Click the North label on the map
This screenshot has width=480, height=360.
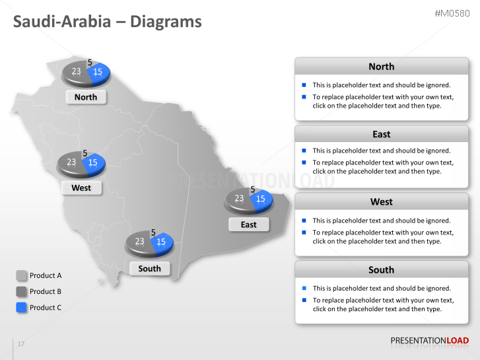(86, 97)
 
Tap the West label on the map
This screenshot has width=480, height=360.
(81, 188)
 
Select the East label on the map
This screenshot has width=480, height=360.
(248, 225)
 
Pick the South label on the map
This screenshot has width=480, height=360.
(150, 268)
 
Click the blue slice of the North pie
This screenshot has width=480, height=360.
(98, 72)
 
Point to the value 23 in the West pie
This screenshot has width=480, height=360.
(71, 162)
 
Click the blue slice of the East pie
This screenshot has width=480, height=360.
(261, 198)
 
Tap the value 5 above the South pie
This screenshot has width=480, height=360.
(153, 233)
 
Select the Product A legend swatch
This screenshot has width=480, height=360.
(21, 275)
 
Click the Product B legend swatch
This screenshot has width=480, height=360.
(21, 291)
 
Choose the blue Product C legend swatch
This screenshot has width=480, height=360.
(21, 307)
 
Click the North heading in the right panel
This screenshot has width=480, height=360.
(381, 67)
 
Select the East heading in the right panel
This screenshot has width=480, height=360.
(381, 134)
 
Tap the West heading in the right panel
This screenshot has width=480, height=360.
(381, 202)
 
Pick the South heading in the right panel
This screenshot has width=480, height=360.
(381, 270)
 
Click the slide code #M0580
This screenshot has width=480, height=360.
(452, 13)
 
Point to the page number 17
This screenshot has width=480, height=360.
(21, 344)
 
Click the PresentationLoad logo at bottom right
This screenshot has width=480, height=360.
(429, 341)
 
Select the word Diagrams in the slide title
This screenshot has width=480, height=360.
(166, 22)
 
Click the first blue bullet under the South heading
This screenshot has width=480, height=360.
(304, 288)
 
